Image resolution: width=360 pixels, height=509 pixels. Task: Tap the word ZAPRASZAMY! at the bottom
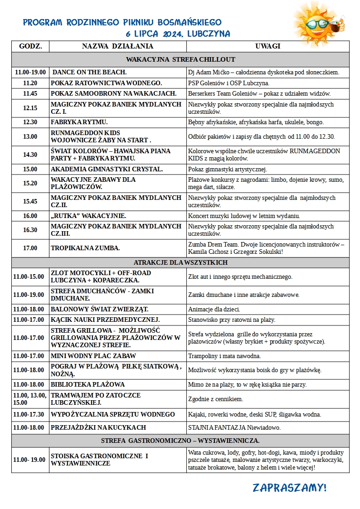pyautogui.click(x=290, y=488)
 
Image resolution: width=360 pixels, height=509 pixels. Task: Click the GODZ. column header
pyautogui.click(x=30, y=46)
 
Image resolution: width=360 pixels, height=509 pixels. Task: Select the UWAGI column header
pyautogui.click(x=268, y=46)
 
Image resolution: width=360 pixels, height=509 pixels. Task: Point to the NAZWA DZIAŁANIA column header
pyautogui.click(x=117, y=46)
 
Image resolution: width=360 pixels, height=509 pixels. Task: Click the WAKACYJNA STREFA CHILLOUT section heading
pyautogui.click(x=180, y=59)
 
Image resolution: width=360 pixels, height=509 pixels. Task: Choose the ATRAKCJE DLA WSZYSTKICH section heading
pyautogui.click(x=180, y=262)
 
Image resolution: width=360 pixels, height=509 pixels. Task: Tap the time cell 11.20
pyautogui.click(x=30, y=83)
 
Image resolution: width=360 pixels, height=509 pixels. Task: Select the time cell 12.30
pyautogui.click(x=30, y=122)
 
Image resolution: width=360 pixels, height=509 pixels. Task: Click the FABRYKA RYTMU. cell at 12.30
pyautogui.click(x=79, y=122)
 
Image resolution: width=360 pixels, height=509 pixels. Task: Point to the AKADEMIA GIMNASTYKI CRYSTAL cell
pyautogui.click(x=107, y=169)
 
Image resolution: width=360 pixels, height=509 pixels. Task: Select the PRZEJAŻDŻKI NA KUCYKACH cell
pyautogui.click(x=98, y=427)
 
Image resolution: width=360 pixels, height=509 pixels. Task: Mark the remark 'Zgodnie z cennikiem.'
pyautogui.click(x=215, y=399)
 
